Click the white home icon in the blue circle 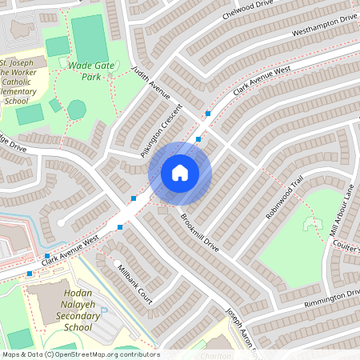180,172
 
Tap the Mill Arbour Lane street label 342,210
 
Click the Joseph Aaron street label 239,328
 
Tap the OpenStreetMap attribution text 79,354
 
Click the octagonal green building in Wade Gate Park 76,109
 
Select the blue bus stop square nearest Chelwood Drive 208,114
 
